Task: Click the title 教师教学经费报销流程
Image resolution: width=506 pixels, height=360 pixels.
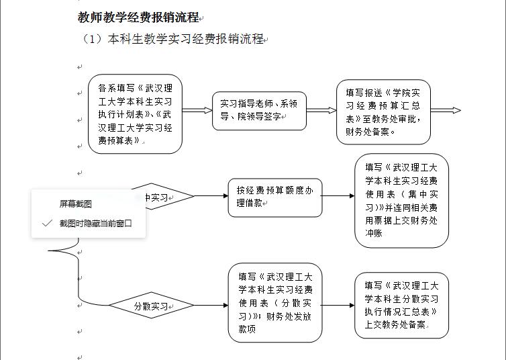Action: click(138, 17)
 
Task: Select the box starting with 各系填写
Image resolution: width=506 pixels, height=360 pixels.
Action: click(135, 114)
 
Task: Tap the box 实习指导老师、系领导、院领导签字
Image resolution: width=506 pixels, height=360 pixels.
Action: click(259, 110)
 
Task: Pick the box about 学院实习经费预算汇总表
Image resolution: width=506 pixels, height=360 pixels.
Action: click(383, 112)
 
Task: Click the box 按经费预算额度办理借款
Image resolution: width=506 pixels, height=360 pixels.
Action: click(275, 197)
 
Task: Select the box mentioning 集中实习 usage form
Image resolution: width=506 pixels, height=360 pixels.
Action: click(401, 201)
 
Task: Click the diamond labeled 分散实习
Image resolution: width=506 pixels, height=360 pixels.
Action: click(151, 306)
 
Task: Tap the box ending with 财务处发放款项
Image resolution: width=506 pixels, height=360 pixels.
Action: click(275, 302)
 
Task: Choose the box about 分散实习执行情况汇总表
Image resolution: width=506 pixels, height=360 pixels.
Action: click(401, 305)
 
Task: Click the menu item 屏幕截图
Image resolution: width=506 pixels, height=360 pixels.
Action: click(75, 204)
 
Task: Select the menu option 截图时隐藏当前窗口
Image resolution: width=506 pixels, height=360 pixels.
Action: click(95, 224)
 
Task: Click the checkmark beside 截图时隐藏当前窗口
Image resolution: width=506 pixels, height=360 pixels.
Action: click(46, 224)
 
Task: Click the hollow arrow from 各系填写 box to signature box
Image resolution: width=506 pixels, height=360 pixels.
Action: click(197, 110)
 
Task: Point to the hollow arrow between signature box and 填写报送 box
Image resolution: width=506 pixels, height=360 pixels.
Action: click(321, 110)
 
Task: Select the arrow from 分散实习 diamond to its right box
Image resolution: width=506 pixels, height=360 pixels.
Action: click(211, 306)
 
